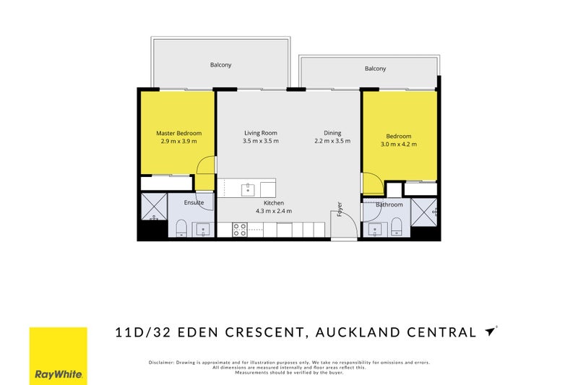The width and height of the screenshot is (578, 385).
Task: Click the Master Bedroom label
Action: pos(178,133)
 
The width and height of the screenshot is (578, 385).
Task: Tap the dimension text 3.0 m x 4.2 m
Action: pos(398,144)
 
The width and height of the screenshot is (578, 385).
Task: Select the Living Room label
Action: pos(260,133)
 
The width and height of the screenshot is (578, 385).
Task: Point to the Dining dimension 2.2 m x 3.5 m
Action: pos(332,141)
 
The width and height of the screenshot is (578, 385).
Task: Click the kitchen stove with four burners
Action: pos(239,230)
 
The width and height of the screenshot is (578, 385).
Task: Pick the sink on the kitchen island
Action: pos(247,189)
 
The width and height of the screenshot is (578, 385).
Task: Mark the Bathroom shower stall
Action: pos(424,212)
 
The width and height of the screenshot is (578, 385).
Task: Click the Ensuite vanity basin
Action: pos(203,230)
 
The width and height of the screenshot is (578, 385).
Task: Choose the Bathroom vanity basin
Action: pos(374,230)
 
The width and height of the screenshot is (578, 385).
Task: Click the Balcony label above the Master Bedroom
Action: pos(220,65)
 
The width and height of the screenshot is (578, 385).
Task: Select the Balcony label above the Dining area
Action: pos(375,69)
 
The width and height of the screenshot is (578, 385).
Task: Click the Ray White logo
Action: pos(58,356)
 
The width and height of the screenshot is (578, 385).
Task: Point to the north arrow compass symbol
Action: pos(491,332)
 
